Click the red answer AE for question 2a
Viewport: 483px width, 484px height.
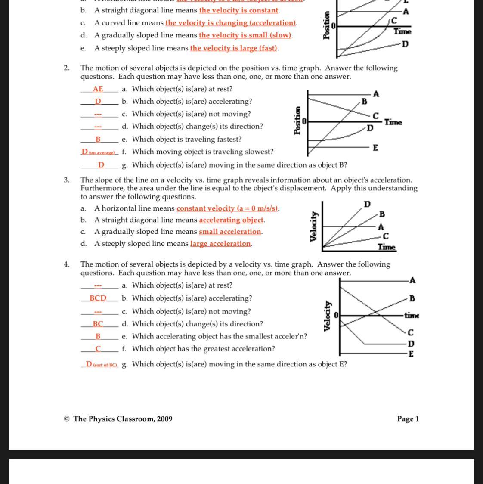click(x=98, y=89)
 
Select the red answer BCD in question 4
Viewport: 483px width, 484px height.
click(x=98, y=298)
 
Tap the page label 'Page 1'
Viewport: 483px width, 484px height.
click(x=408, y=419)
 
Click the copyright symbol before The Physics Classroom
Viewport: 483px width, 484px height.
click(x=67, y=419)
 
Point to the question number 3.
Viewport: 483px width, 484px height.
click(x=66, y=180)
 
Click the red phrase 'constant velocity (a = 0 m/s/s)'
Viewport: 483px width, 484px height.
click(x=227, y=208)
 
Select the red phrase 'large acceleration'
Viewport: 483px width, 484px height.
click(x=220, y=244)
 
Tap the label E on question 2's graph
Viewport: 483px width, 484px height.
click(x=375, y=148)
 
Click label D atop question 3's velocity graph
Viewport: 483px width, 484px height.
click(x=367, y=204)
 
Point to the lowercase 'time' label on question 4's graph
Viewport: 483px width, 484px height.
click(x=412, y=316)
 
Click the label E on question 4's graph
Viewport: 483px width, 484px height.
click(x=411, y=354)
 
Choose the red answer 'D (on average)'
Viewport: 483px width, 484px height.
click(x=99, y=152)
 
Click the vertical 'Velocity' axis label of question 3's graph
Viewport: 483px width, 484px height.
click(x=314, y=226)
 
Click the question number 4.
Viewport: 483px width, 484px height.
click(x=66, y=264)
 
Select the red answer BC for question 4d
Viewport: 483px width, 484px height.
click(x=98, y=324)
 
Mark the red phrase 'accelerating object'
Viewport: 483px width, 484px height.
click(x=231, y=220)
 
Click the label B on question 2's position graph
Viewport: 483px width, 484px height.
click(x=364, y=102)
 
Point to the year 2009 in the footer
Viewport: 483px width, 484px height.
click(x=164, y=419)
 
